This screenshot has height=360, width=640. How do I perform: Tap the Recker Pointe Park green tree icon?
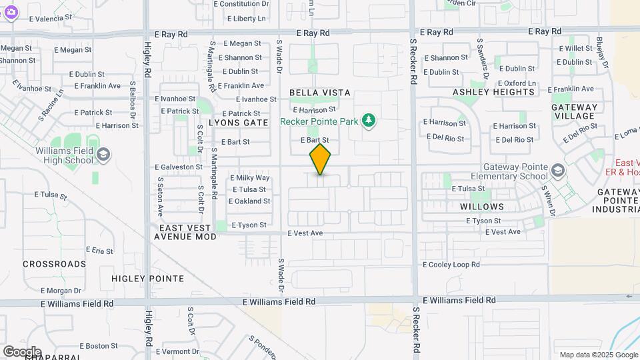coord(368,121)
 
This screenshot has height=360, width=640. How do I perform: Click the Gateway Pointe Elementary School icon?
coord(557,171)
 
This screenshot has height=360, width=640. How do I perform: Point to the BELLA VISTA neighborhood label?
coord(320,93)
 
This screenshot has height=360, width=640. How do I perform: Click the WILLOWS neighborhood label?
coord(482,207)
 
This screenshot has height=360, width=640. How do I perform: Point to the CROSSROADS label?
coord(55,264)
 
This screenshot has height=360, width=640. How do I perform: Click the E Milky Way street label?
coord(250,178)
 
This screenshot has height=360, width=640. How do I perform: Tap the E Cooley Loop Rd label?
coord(451,265)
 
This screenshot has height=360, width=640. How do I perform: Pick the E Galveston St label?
coord(178,167)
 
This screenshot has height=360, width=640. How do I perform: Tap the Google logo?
coord(22,352)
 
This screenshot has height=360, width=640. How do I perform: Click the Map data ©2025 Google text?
coord(598,355)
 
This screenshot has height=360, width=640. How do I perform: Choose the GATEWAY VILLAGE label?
coord(575,111)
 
